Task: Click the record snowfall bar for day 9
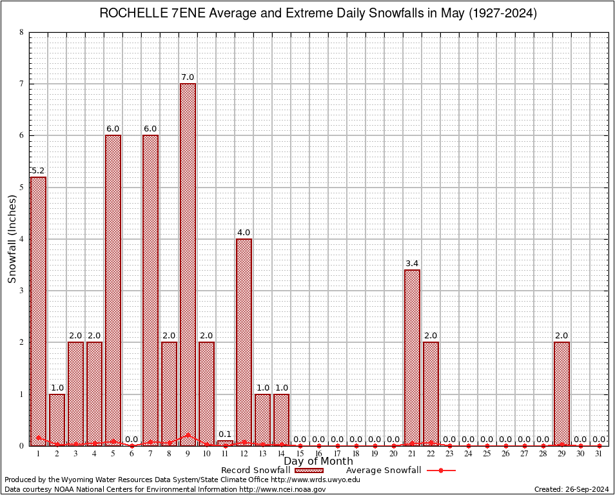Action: point(188,264)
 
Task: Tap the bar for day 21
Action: point(412,357)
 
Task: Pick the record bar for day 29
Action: point(561,393)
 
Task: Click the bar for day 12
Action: point(244,342)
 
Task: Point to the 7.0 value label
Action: point(188,77)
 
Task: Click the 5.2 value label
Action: point(38,170)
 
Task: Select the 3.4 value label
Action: point(412,263)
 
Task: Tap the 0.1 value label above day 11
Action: point(225,434)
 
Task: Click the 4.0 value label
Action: point(244,232)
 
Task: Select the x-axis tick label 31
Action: point(599,454)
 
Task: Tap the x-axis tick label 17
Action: point(337,454)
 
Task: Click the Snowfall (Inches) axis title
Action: point(12,238)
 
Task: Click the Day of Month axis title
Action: point(318,461)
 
